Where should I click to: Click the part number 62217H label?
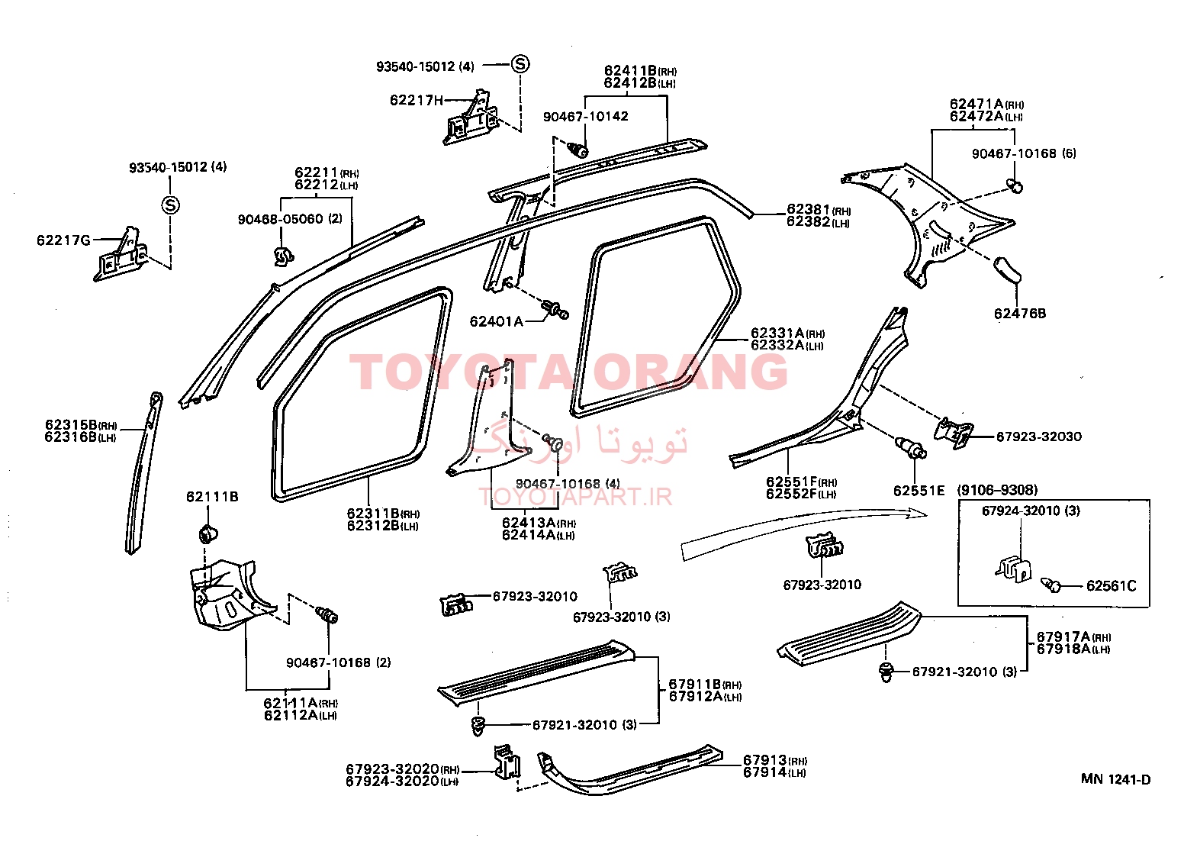pos(416,100)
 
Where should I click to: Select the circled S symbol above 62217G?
pos(170,205)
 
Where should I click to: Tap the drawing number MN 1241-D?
pos(1115,779)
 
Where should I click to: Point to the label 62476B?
pos(1020,314)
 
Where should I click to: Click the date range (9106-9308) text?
pos(997,490)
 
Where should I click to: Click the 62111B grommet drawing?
pos(208,534)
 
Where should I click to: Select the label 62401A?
pos(497,321)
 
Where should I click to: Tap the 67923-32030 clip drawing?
pos(953,433)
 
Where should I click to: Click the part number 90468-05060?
pos(280,219)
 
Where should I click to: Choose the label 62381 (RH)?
pos(819,210)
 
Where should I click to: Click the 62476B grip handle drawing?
pos(1008,269)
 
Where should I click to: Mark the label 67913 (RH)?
pos(775,760)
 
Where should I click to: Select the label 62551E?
pos(919,491)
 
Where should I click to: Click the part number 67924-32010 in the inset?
pos(1021,511)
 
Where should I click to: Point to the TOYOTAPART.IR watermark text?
pos(575,497)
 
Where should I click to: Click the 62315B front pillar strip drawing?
pos(143,472)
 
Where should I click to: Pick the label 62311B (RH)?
pos(383,514)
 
